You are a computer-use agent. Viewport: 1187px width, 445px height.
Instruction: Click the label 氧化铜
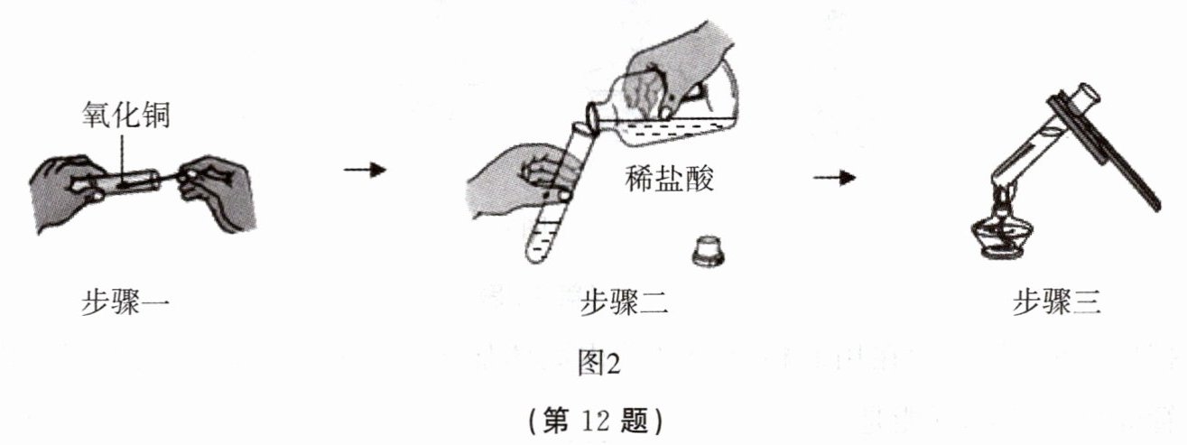[x=126, y=115]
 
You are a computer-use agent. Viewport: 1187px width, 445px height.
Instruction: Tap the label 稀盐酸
[x=669, y=178]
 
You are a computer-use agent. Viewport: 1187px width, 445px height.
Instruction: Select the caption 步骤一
[x=125, y=302]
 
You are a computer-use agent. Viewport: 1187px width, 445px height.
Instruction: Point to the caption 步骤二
[x=624, y=302]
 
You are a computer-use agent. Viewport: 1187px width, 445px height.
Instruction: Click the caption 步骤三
[x=1057, y=302]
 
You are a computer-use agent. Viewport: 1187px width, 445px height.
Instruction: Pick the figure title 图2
[x=598, y=364]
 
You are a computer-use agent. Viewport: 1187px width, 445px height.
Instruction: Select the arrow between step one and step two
[x=365, y=170]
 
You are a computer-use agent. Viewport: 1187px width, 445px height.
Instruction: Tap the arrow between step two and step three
[x=835, y=177]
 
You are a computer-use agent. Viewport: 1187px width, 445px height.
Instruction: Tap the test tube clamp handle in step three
[x=1105, y=153]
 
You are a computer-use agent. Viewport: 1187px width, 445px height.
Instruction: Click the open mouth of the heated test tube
[x=1086, y=94]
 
